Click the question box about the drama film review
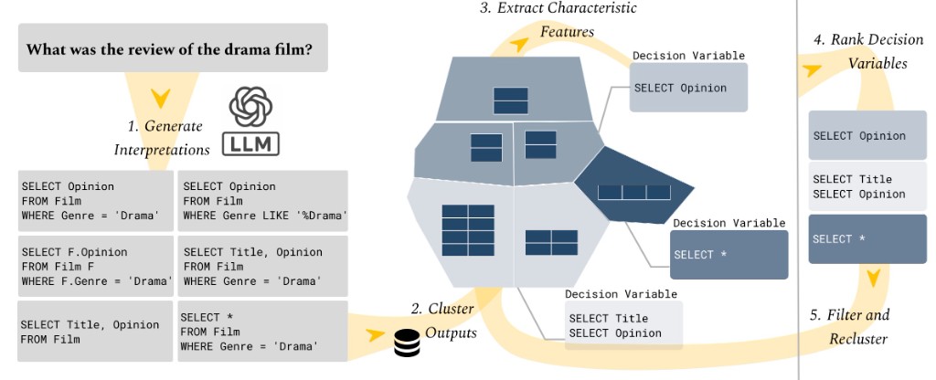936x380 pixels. [172, 48]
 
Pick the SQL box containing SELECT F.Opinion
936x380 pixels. [94, 266]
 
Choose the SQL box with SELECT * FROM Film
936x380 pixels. [262, 332]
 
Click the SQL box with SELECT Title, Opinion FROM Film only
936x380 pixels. [94, 332]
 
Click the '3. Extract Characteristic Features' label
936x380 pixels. [558, 19]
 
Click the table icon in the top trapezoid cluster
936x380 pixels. [510, 100]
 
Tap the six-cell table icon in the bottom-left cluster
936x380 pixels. [468, 229]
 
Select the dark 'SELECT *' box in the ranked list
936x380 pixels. [867, 238]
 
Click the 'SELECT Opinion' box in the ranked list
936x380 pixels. [867, 136]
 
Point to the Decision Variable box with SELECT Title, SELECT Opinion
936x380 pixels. [622, 325]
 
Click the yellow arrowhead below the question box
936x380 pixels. [160, 98]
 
